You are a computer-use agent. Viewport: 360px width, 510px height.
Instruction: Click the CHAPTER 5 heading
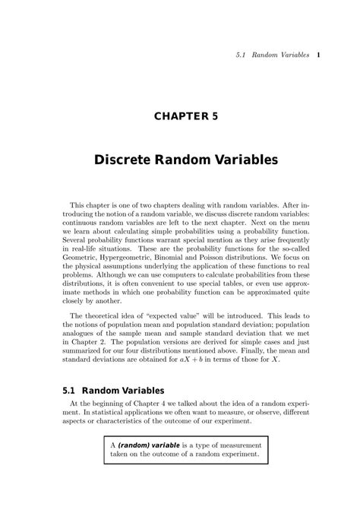pos(180,117)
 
